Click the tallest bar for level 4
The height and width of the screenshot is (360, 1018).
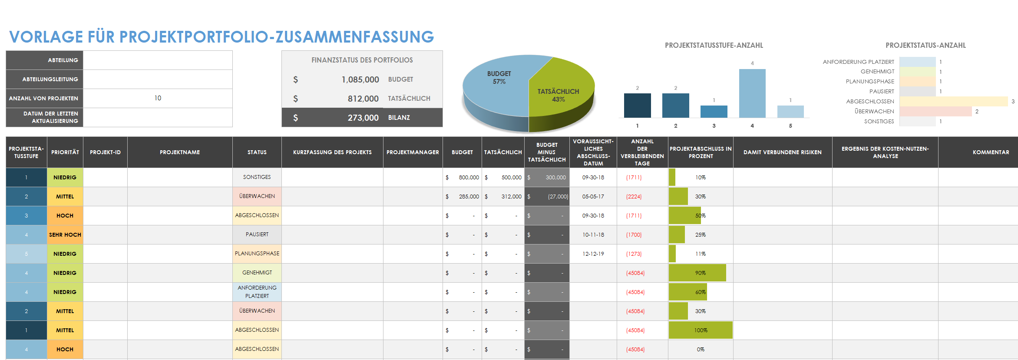click(x=752, y=93)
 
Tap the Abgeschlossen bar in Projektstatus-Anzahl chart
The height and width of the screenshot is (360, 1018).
click(x=953, y=101)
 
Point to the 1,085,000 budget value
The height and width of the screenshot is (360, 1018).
click(x=360, y=79)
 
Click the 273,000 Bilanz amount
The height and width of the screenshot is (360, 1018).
click(x=363, y=118)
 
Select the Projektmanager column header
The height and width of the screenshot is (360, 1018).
click(x=413, y=152)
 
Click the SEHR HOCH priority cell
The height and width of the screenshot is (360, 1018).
click(x=65, y=235)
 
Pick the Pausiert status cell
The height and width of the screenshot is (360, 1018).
click(x=257, y=234)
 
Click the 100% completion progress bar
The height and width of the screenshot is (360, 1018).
click(x=700, y=330)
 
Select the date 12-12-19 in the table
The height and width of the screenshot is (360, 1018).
click(x=593, y=254)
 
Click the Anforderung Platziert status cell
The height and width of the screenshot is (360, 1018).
click(x=257, y=292)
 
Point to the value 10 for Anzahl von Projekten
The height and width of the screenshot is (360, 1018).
click(x=158, y=98)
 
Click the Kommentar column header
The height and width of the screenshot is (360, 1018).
click(x=990, y=152)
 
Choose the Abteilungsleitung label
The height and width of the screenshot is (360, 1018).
click(x=50, y=79)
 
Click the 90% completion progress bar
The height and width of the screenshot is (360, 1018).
click(x=697, y=273)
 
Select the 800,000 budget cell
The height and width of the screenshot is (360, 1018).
click(x=468, y=178)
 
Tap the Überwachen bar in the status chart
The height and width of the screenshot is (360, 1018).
click(x=935, y=112)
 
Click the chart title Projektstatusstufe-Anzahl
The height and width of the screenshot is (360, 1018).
click(x=714, y=45)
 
